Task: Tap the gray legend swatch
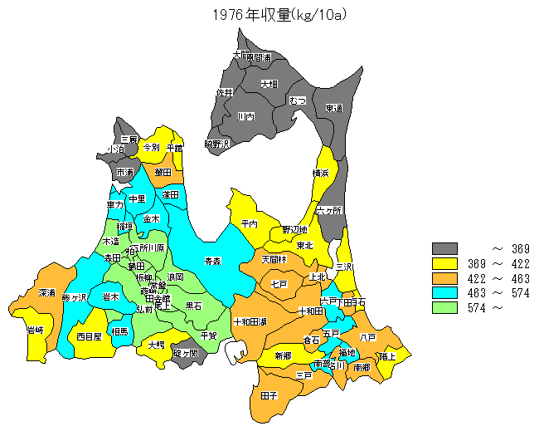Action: pyautogui.click(x=445, y=248)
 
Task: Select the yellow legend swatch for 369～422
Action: pyautogui.click(x=445, y=263)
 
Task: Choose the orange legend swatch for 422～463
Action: pyautogui.click(x=445, y=278)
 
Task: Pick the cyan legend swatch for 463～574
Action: pyautogui.click(x=445, y=293)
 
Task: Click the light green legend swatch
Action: pyautogui.click(x=445, y=308)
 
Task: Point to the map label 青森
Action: pyautogui.click(x=213, y=261)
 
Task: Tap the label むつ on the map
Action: pyautogui.click(x=298, y=100)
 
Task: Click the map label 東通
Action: pyautogui.click(x=333, y=108)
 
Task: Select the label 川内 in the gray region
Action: pyautogui.click(x=245, y=117)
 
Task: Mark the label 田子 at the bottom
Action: pyautogui.click(x=269, y=395)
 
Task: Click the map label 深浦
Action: pyautogui.click(x=46, y=293)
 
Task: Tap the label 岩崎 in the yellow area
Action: pyautogui.click(x=35, y=330)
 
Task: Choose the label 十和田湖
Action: pyautogui.click(x=250, y=321)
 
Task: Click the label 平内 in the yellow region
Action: pyautogui.click(x=250, y=223)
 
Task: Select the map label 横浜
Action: pyautogui.click(x=321, y=173)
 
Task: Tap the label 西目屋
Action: pyautogui.click(x=89, y=336)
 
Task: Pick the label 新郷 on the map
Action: pyautogui.click(x=283, y=355)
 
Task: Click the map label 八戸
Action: pyautogui.click(x=368, y=337)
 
